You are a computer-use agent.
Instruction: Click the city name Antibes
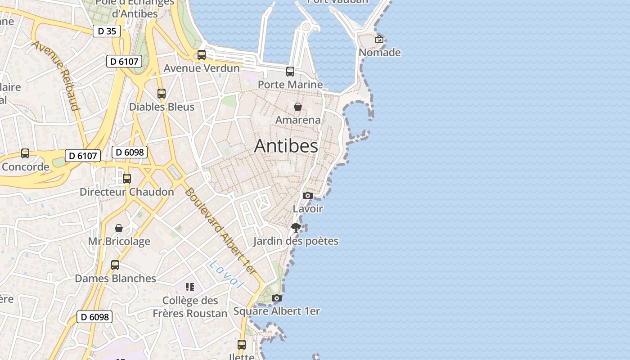click(x=286, y=146)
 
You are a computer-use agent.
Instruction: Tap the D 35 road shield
click(x=107, y=31)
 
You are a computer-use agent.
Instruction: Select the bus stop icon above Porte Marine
click(x=290, y=71)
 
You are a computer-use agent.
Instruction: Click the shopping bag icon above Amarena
click(x=298, y=107)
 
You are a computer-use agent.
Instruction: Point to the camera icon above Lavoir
click(x=308, y=195)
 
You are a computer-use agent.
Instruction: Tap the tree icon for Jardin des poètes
click(x=296, y=228)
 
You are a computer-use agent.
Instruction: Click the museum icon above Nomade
click(x=379, y=39)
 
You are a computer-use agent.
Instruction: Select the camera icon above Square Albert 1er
click(x=277, y=298)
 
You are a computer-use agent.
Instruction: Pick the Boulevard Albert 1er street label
click(x=220, y=231)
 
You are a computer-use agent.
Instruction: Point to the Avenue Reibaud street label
click(x=56, y=76)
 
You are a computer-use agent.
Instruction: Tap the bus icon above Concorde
click(x=25, y=153)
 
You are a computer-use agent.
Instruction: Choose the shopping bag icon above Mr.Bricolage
click(x=119, y=228)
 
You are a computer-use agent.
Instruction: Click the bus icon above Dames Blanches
click(x=115, y=265)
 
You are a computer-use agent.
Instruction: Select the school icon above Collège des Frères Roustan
click(x=190, y=287)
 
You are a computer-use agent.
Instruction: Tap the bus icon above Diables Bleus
click(x=162, y=94)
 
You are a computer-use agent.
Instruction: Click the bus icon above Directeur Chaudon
click(x=127, y=179)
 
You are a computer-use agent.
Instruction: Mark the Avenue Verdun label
click(x=202, y=68)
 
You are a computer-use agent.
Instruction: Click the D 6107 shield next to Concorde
click(x=83, y=156)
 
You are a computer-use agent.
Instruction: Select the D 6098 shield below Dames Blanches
click(x=94, y=317)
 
